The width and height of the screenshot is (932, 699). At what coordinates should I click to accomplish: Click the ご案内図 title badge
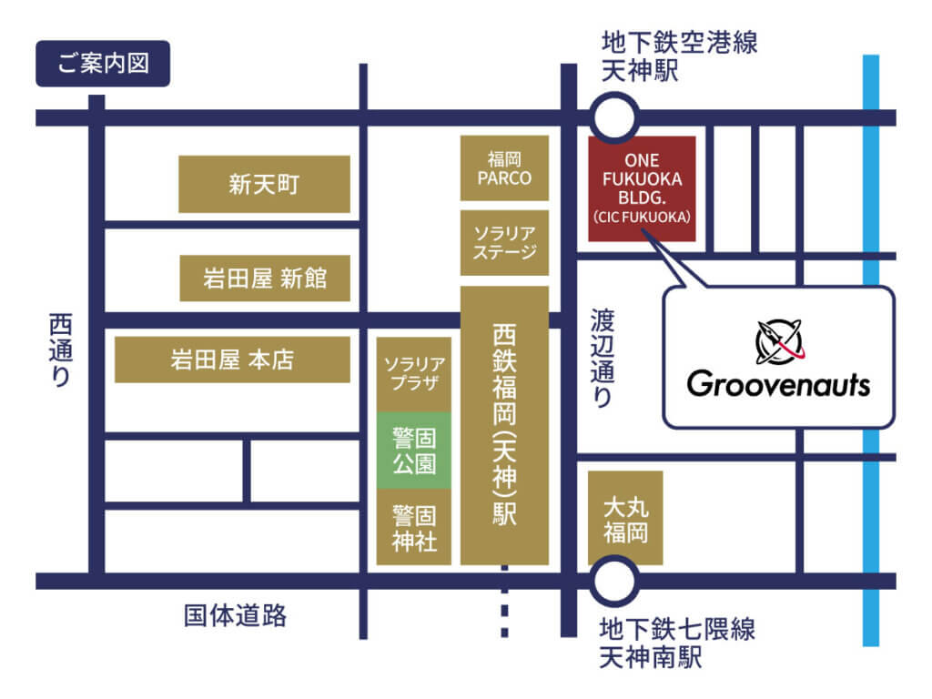pos(103,64)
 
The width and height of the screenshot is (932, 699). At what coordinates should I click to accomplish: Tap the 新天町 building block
pos(264,184)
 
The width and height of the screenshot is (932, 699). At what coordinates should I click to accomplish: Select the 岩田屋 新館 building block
pos(264,278)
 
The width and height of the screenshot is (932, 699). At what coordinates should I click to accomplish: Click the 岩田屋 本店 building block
pos(232,360)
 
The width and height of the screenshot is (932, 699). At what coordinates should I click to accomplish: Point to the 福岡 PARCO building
pos(504,168)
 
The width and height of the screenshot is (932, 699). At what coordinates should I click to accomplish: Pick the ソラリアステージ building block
pos(504,242)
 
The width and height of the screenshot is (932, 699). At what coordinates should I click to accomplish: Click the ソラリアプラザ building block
pos(414,373)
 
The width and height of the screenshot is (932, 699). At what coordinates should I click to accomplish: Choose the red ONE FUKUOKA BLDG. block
pos(642,188)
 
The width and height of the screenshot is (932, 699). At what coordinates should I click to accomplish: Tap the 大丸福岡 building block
pos(625,517)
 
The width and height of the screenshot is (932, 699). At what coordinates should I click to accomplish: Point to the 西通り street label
pos(60,350)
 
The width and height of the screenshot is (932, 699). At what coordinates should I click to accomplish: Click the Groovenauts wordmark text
pos(778,384)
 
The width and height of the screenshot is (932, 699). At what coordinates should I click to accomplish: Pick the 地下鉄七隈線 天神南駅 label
pos(677,643)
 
